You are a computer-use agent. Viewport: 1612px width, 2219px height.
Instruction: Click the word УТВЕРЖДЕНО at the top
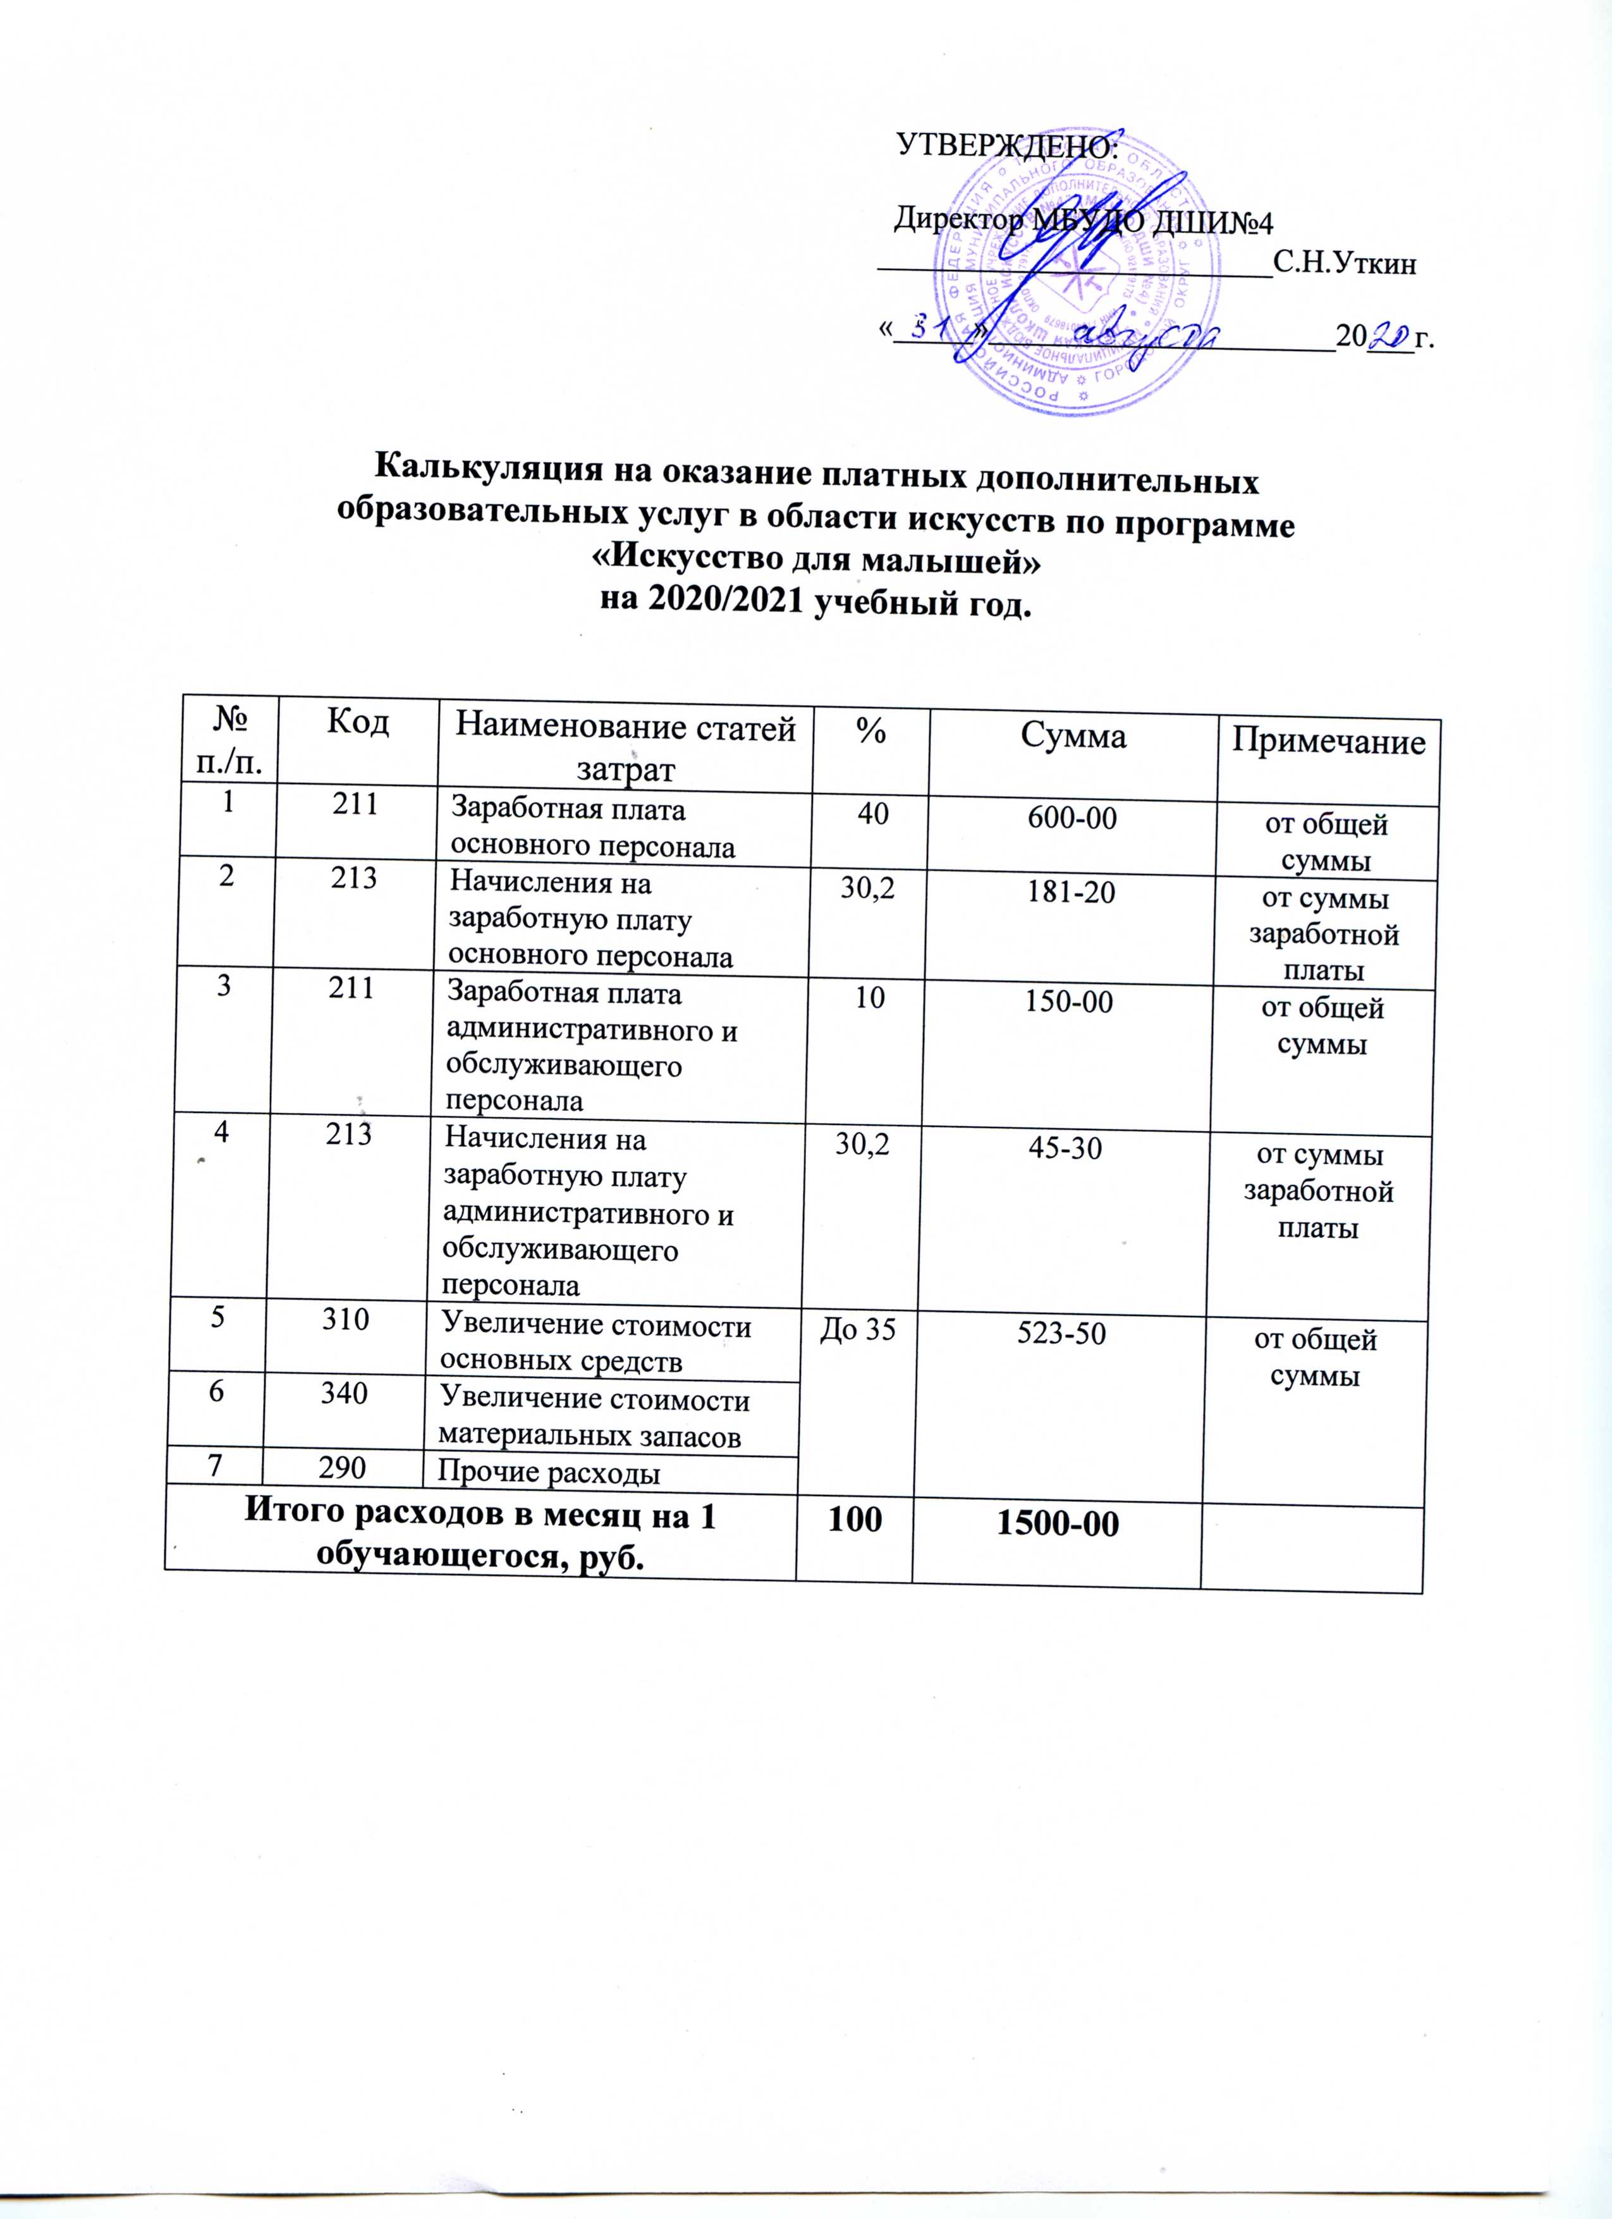click(x=1006, y=147)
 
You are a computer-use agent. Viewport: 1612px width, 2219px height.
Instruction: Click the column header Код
click(x=357, y=724)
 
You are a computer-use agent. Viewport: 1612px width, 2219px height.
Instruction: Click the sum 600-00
click(x=1069, y=818)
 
